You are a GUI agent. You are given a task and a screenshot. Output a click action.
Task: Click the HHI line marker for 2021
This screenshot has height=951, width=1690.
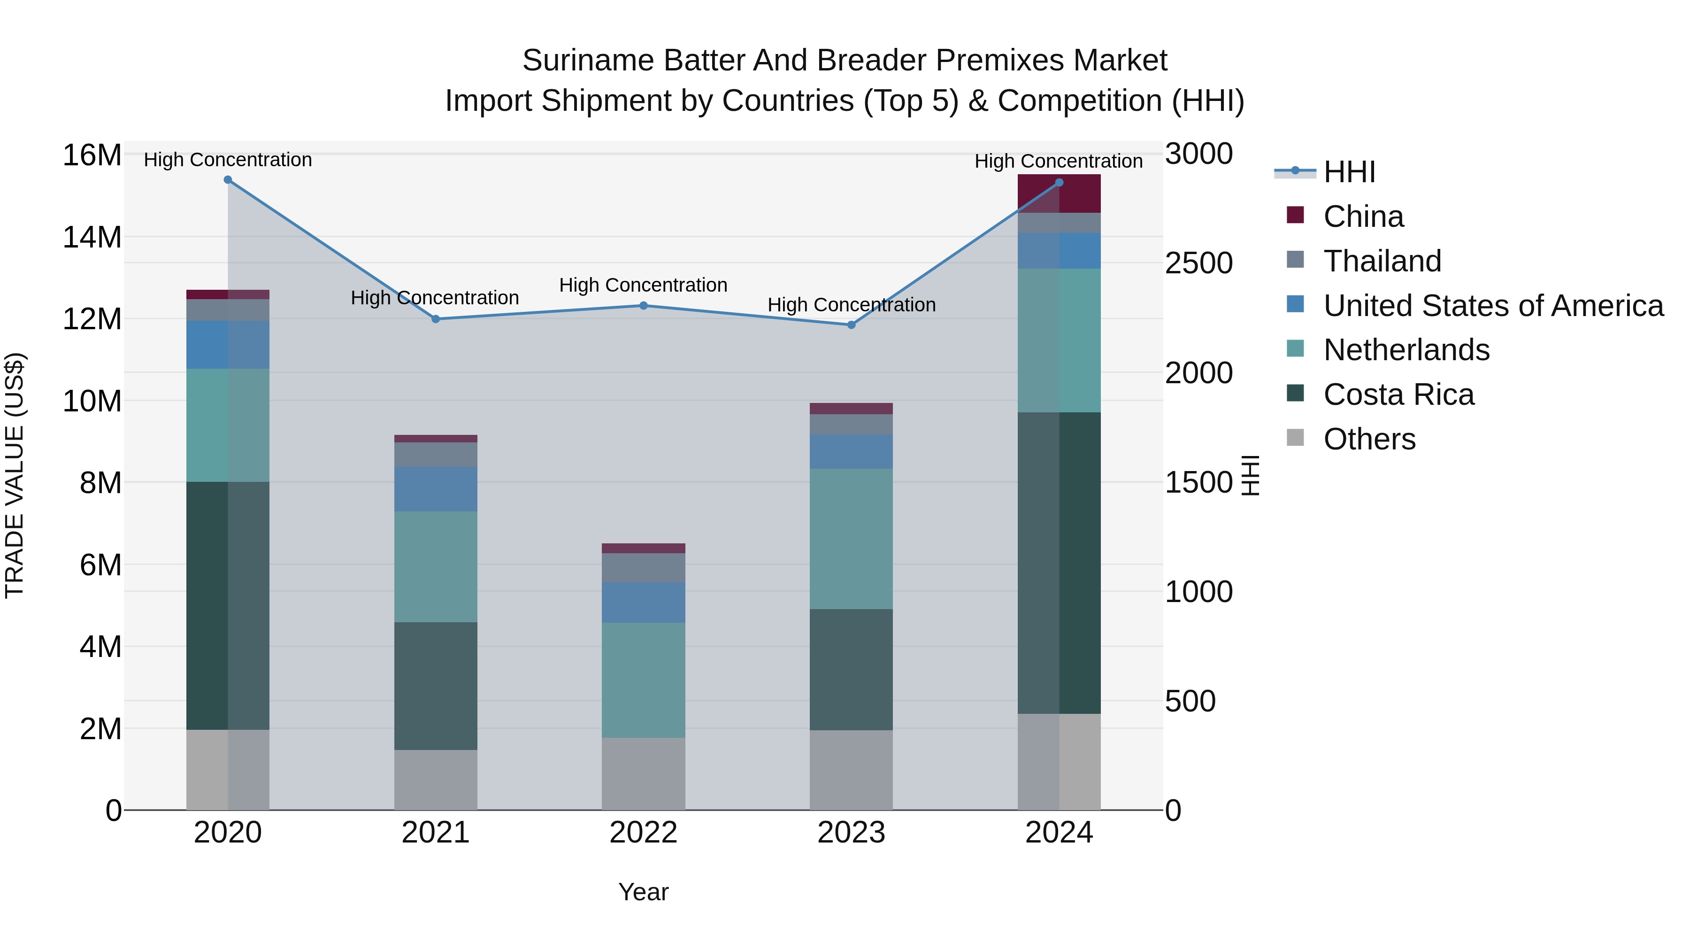pyautogui.click(x=436, y=319)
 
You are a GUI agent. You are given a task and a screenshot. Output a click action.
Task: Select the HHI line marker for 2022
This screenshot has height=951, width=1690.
pyautogui.click(x=644, y=305)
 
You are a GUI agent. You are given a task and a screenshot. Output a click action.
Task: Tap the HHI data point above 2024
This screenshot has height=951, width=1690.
pyautogui.click(x=1059, y=183)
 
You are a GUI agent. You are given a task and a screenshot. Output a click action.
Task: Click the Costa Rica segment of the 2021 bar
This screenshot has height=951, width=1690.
pyautogui.click(x=436, y=686)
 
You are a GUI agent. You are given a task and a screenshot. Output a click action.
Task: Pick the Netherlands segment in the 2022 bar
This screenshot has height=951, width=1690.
pyautogui.click(x=644, y=680)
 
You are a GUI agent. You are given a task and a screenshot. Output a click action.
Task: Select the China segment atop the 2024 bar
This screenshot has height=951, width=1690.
pyautogui.click(x=1059, y=193)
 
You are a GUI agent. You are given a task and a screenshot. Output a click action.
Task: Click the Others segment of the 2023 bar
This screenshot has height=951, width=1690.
pyautogui.click(x=851, y=770)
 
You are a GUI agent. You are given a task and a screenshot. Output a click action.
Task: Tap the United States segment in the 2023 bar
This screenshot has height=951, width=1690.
pyautogui.click(x=851, y=451)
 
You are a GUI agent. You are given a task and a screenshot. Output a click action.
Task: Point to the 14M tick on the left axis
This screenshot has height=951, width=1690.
pyautogui.click(x=92, y=237)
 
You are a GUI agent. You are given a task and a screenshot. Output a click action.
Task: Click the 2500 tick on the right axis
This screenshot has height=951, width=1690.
pyautogui.click(x=1198, y=263)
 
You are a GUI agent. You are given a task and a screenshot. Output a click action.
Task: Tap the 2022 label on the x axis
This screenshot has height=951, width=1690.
pyautogui.click(x=644, y=833)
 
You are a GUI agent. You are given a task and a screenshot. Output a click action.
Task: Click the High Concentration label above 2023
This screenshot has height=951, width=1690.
pyautogui.click(x=851, y=304)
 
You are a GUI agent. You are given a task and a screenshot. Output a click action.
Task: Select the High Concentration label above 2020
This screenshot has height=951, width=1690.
pyautogui.click(x=228, y=160)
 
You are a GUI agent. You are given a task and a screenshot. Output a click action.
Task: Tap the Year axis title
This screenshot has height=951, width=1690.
pyautogui.click(x=644, y=892)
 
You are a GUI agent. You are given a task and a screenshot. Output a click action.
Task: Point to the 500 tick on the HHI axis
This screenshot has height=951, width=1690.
pyautogui.click(x=1190, y=701)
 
